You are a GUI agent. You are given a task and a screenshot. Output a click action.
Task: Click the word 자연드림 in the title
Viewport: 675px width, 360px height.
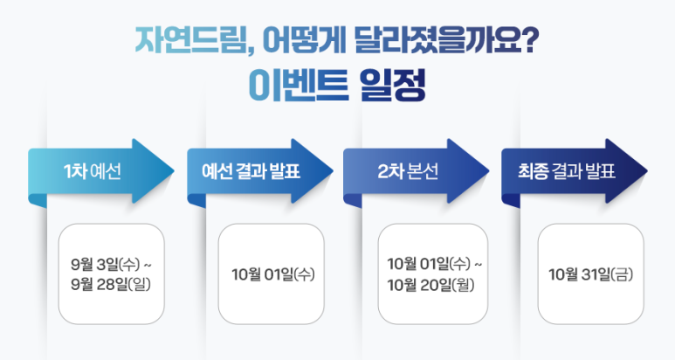(x=190, y=40)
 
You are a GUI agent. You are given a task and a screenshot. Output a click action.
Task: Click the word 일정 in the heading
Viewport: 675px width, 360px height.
(x=392, y=86)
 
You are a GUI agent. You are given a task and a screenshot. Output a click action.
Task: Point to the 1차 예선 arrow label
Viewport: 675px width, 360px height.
(x=92, y=171)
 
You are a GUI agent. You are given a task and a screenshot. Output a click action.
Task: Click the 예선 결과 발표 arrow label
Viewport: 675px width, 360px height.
(x=251, y=171)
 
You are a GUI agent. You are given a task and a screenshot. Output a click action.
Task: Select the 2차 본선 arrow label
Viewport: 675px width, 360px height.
(x=408, y=171)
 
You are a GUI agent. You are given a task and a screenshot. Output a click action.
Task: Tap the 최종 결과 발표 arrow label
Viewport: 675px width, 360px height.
(x=567, y=171)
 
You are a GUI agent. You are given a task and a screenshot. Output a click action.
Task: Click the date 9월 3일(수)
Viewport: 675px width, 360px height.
(x=106, y=264)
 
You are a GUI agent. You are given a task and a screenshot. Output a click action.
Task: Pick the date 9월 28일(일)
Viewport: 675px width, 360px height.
(x=111, y=284)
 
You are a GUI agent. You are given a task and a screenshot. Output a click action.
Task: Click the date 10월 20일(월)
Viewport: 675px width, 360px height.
(x=430, y=285)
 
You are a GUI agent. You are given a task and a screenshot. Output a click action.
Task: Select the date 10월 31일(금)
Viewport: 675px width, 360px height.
(x=590, y=274)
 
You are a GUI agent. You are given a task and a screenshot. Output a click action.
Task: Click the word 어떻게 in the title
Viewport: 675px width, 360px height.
(x=304, y=40)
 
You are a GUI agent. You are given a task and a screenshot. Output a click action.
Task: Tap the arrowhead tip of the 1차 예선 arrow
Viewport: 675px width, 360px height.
(x=174, y=171)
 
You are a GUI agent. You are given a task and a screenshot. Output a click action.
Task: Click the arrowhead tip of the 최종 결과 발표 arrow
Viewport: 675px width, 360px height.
(x=646, y=171)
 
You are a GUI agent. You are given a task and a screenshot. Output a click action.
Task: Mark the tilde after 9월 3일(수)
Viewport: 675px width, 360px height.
(x=148, y=266)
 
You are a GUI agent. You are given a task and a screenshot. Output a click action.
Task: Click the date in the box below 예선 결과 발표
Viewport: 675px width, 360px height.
(x=273, y=274)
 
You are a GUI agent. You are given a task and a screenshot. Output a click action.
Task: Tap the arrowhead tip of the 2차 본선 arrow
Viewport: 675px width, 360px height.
(x=488, y=171)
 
